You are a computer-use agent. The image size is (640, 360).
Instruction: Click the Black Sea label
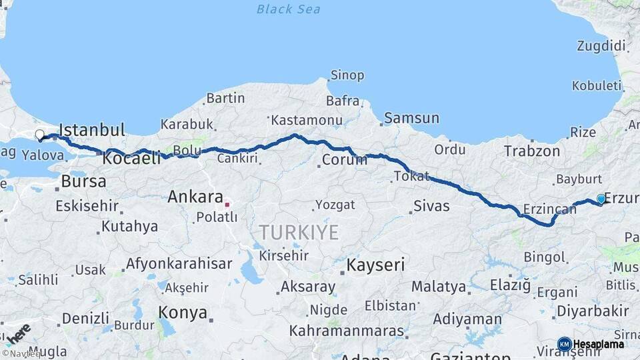288,9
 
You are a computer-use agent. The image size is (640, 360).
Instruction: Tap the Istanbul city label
92,129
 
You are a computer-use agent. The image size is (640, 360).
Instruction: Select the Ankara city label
195,197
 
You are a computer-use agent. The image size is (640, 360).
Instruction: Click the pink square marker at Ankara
227,205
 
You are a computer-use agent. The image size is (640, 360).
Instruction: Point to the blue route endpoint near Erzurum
601,199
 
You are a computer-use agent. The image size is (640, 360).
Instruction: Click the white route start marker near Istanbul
40,135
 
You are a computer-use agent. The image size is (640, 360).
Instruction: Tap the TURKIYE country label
299,233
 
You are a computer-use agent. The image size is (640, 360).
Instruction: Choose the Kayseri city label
375,265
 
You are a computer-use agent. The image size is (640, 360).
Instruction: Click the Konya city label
183,311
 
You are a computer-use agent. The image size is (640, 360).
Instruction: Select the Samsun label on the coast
412,118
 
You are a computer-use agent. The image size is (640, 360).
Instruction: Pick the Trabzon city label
531,151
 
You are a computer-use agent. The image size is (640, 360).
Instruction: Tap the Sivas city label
431,205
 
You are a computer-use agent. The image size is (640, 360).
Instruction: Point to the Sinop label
348,75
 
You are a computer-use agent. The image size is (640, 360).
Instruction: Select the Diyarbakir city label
593,311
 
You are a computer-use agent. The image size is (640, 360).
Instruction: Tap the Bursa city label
83,181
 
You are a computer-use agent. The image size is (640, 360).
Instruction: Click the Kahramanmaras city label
347,331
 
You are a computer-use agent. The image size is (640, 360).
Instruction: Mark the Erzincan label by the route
549,209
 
